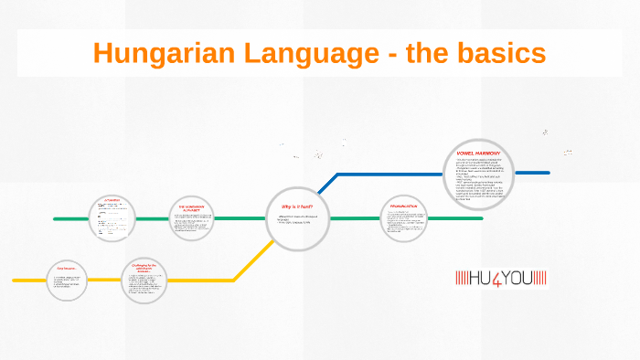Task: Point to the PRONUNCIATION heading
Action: point(403,206)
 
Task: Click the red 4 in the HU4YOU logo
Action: point(502,277)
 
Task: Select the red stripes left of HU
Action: point(461,277)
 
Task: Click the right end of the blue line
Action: point(549,172)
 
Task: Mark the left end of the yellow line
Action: point(14,280)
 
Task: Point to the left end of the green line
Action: point(55,219)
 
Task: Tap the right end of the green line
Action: point(482,219)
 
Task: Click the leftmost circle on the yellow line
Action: point(68,279)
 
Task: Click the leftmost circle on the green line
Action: point(112,219)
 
